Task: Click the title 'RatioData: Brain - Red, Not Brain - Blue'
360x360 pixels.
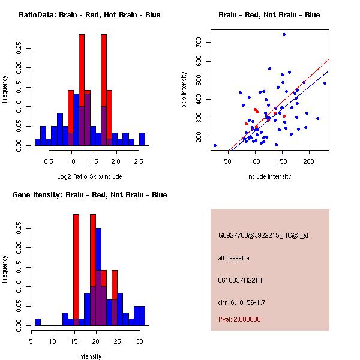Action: tap(89, 15)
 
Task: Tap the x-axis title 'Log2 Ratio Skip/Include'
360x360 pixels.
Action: tap(89, 176)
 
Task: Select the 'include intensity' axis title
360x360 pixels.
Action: tap(269, 176)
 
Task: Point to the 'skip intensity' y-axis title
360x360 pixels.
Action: tap(184, 90)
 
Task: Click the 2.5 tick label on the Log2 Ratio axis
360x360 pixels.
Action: tap(139, 161)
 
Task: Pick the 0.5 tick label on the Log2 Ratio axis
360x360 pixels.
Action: tap(49, 161)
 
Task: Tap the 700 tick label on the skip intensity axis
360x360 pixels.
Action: tap(199, 42)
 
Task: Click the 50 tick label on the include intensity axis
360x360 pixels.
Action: tap(227, 161)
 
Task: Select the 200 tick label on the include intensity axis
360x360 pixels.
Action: tap(309, 161)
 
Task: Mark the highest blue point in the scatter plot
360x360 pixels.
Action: tap(284, 34)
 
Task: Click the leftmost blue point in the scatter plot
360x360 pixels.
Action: tap(215, 145)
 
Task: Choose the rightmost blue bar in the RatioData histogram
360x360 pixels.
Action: tap(142, 139)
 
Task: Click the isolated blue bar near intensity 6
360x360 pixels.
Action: tap(38, 322)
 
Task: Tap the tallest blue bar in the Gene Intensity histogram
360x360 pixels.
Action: tap(98, 277)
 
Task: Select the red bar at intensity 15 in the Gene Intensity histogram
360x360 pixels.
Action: tap(76, 270)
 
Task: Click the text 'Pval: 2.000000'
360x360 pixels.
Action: tap(239, 319)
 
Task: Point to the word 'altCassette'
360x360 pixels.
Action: tap(233, 258)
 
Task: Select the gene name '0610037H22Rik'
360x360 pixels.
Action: tap(241, 280)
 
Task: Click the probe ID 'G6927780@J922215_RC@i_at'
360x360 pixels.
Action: tap(263, 236)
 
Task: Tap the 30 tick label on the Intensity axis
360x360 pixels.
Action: tap(139, 341)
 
